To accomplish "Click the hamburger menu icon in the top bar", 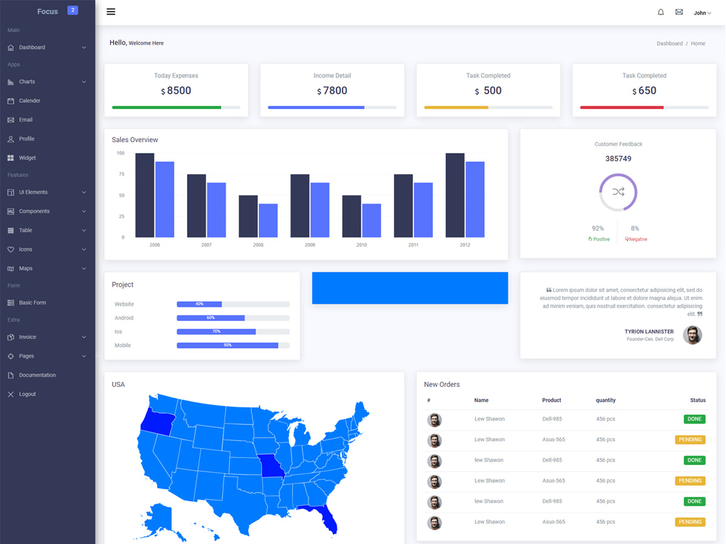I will [111, 11].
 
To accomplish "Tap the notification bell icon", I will [661, 12].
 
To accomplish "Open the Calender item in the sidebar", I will [29, 101].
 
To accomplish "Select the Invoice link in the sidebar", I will [27, 337].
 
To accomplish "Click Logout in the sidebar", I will [27, 394].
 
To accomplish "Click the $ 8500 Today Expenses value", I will [176, 91].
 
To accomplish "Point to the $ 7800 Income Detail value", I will [332, 91].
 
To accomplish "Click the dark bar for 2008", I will [248, 216].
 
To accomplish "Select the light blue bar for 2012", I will [475, 199].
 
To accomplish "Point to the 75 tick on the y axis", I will [122, 174].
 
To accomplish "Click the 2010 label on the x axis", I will [361, 245].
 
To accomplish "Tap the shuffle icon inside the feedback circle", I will [618, 192].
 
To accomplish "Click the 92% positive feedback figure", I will [598, 228].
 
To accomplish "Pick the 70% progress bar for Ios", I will [216, 332].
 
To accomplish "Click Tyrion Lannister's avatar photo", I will [692, 335].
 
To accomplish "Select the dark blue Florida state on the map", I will [328, 517].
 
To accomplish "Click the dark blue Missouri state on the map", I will [270, 465].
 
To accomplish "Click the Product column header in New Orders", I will [551, 400].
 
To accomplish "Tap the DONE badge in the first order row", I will [695, 419].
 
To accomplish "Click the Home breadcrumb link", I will [698, 44].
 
